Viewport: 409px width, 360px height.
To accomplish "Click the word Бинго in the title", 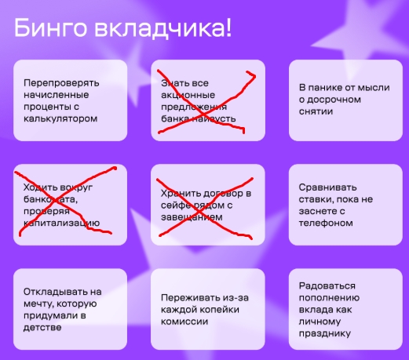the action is [x=50, y=28].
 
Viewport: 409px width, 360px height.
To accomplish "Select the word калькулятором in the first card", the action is [x=60, y=119].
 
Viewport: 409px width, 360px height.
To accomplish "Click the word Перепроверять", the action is [x=61, y=83].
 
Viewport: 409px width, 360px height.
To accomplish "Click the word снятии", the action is [x=316, y=111].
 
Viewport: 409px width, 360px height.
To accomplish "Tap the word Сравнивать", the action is [x=327, y=187].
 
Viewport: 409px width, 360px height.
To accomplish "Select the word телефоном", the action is [x=326, y=224].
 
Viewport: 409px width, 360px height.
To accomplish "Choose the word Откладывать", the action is [x=56, y=292].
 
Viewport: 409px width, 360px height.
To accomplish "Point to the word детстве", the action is [x=42, y=328].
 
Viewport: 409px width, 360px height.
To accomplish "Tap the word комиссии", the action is [x=184, y=322].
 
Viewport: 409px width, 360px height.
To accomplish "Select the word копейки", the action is [x=220, y=310].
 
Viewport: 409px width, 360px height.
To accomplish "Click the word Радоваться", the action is [x=327, y=285].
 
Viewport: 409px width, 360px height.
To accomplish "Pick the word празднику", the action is [x=324, y=333].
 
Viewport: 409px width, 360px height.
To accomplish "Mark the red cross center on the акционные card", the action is [x=203, y=115].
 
